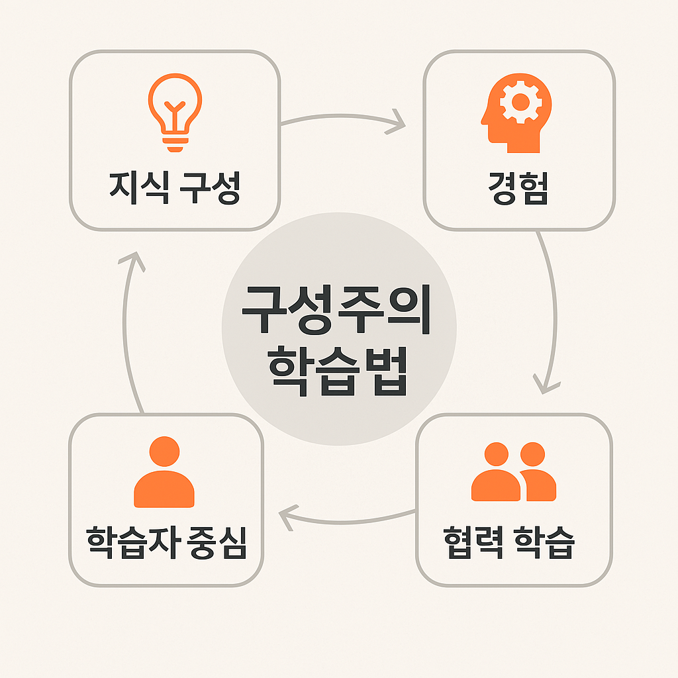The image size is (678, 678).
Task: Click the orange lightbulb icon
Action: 174,111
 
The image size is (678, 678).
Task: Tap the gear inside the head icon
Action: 520,102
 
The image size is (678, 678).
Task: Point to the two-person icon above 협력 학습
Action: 514,471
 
